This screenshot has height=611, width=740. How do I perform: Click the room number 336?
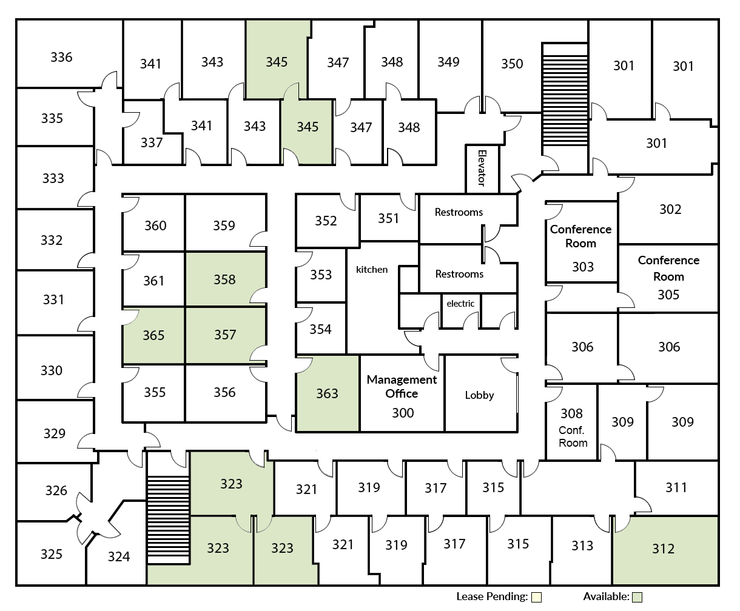click(x=61, y=57)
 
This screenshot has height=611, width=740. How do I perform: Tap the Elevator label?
click(x=482, y=168)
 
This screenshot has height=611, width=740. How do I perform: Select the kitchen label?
click(x=372, y=269)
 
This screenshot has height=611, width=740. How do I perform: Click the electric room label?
click(x=460, y=304)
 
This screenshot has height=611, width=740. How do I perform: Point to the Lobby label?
click(x=479, y=395)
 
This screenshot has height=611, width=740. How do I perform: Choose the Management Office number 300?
click(x=403, y=413)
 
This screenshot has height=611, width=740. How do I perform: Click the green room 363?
click(x=327, y=393)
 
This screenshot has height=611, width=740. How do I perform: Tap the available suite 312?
click(x=663, y=549)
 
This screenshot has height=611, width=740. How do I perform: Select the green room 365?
click(x=153, y=335)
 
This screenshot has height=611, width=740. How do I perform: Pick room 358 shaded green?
click(x=224, y=279)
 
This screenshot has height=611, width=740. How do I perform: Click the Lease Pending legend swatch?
click(x=536, y=597)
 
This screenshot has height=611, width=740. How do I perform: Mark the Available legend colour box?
click(x=637, y=597)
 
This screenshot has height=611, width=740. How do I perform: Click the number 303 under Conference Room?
click(x=583, y=267)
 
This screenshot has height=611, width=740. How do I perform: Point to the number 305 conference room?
click(x=668, y=295)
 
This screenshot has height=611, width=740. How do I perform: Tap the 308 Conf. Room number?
click(x=571, y=413)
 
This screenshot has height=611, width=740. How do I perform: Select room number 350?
click(x=512, y=64)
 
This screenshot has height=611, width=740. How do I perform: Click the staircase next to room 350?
click(x=565, y=100)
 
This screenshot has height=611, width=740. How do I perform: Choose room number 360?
click(x=155, y=225)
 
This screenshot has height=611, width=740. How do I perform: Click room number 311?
click(x=676, y=487)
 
